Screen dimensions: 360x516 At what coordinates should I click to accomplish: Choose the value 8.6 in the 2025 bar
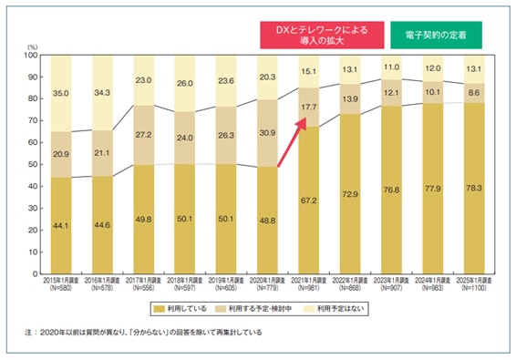click(473, 93)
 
